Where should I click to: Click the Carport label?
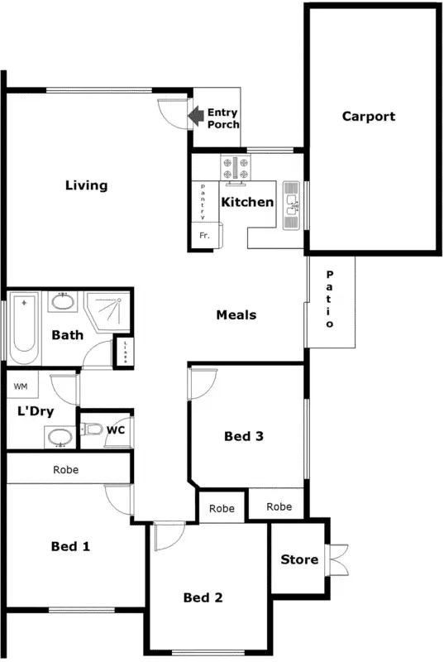tap(369, 117)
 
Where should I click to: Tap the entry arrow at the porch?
tap(197, 117)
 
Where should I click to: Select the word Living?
tap(87, 185)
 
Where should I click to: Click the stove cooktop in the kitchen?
tap(236, 168)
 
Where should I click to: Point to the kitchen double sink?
tap(292, 204)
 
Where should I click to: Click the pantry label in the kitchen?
tap(203, 202)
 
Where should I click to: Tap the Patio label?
tap(329, 300)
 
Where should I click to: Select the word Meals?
tap(236, 314)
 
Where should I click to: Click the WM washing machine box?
tap(21, 386)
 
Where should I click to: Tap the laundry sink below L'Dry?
tap(58, 437)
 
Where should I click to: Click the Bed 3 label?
tap(244, 437)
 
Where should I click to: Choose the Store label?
tap(299, 559)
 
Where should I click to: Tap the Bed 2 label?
tap(203, 597)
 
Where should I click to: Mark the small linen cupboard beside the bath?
tap(123, 351)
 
